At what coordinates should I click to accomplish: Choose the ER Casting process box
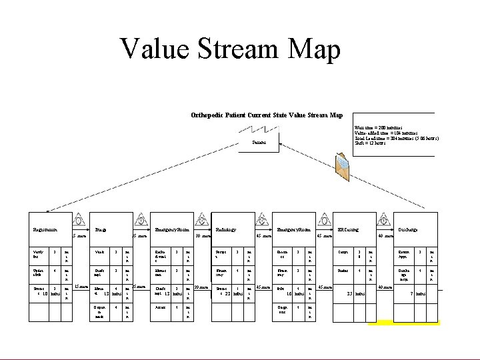pyautogui.click(x=353, y=229)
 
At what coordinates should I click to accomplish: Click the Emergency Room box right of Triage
pyautogui.click(x=171, y=229)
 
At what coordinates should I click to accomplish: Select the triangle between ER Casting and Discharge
pyautogui.click(x=385, y=220)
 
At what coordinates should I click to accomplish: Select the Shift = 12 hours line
pyautogui.click(x=371, y=143)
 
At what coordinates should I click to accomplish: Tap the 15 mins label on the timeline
pyautogui.click(x=81, y=286)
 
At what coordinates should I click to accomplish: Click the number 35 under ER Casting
pyautogui.click(x=350, y=293)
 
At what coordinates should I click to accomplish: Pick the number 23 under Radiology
pyautogui.click(x=228, y=293)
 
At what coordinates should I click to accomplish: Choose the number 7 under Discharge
pyautogui.click(x=413, y=293)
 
